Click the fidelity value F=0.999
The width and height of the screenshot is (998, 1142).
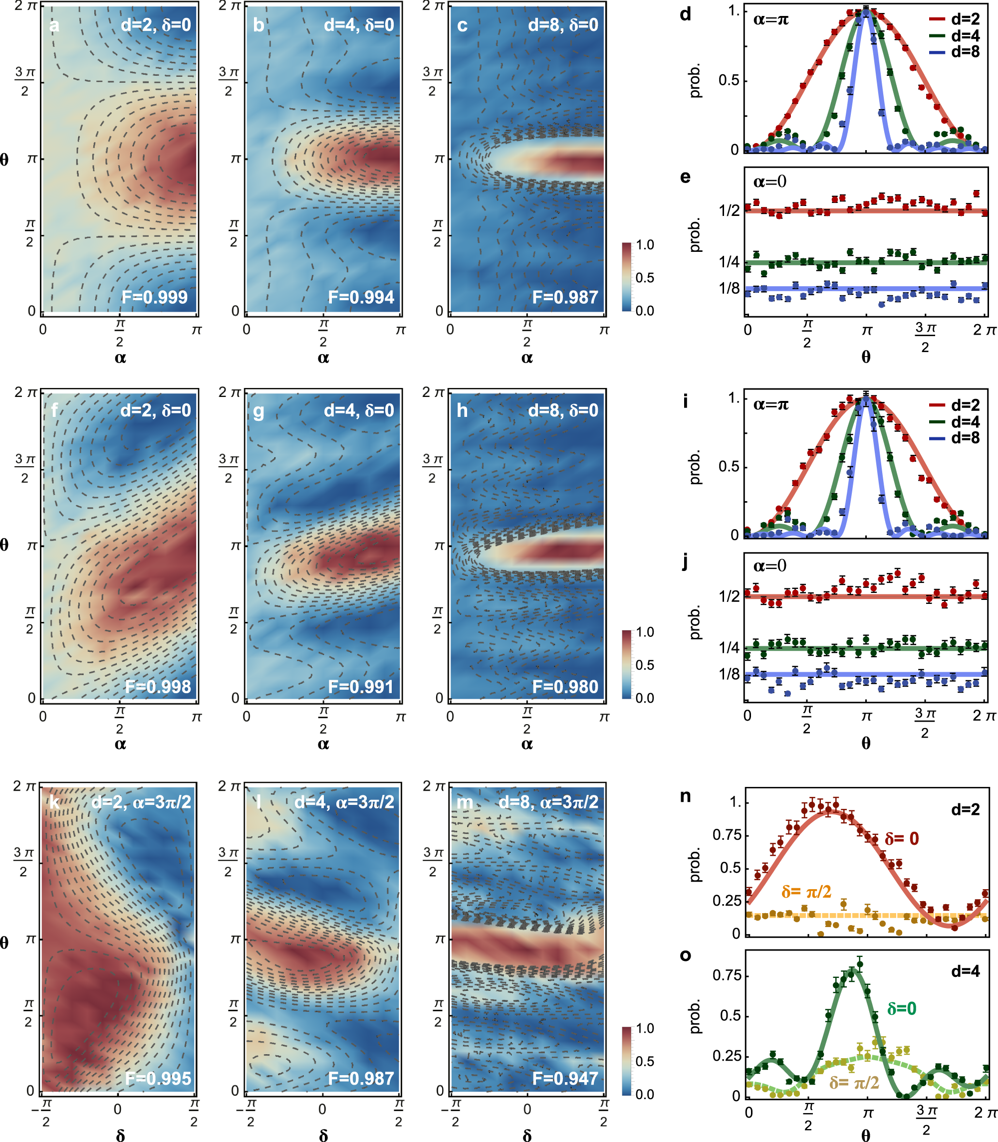[155, 297]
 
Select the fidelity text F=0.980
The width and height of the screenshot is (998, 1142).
[565, 686]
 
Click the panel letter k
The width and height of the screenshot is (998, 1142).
[54, 802]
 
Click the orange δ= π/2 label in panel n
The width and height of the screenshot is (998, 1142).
[806, 892]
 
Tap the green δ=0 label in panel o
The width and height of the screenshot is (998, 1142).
[902, 1008]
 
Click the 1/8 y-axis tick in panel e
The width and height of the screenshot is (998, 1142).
[729, 288]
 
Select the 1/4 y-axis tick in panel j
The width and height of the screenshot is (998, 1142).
[729, 648]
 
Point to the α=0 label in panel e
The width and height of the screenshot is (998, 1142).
[769, 182]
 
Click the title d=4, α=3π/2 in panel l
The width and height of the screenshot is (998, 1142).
[344, 802]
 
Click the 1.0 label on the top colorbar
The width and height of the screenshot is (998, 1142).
[645, 245]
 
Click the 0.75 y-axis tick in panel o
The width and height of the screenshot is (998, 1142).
[726, 975]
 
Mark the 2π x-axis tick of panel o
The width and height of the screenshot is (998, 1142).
[984, 1113]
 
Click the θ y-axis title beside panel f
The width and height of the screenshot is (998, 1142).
[4, 545]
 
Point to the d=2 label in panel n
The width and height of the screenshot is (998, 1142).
[965, 809]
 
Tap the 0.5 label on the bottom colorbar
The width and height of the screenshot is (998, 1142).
[645, 1061]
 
